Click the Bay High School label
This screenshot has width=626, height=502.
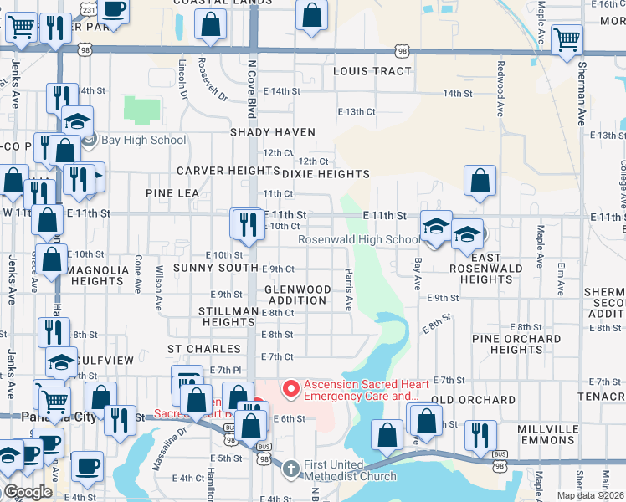click(x=143, y=140)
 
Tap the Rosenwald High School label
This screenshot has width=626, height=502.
click(x=360, y=240)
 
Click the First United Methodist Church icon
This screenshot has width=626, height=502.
click(x=290, y=469)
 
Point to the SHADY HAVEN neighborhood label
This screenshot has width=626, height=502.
click(x=273, y=132)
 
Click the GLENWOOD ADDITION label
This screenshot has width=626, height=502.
click(x=297, y=294)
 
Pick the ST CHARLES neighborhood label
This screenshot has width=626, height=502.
click(x=198, y=348)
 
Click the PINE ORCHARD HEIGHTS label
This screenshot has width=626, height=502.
click(x=516, y=344)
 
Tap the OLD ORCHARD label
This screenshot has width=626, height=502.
click(x=473, y=400)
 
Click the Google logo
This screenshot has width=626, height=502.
click(x=28, y=492)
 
